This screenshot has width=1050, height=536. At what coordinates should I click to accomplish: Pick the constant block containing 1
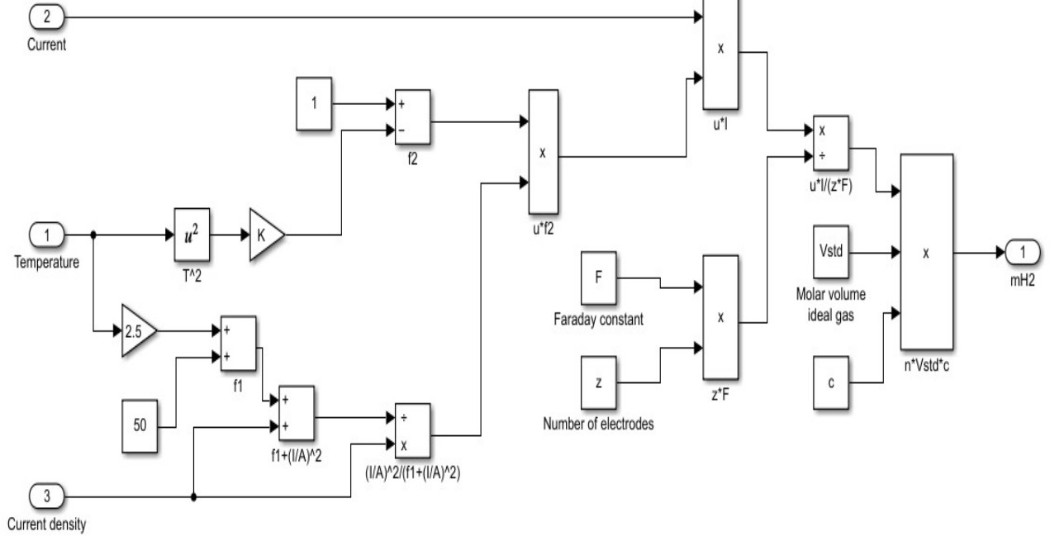click(x=314, y=104)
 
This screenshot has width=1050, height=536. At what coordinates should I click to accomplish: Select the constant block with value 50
click(x=140, y=426)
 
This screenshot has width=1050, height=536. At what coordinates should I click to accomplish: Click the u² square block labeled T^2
click(x=193, y=235)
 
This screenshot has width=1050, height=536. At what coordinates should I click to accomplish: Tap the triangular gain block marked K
click(x=265, y=235)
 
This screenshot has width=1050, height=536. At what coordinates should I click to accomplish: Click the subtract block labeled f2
click(x=412, y=116)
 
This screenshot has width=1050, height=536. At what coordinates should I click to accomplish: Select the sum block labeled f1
click(x=238, y=343)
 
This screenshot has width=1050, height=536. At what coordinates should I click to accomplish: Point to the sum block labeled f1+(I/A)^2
click(x=297, y=413)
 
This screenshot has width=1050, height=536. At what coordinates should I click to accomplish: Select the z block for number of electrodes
click(x=600, y=382)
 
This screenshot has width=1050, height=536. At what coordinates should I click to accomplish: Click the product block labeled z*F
click(x=720, y=316)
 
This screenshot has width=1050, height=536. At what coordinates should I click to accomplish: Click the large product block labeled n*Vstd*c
click(x=925, y=252)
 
